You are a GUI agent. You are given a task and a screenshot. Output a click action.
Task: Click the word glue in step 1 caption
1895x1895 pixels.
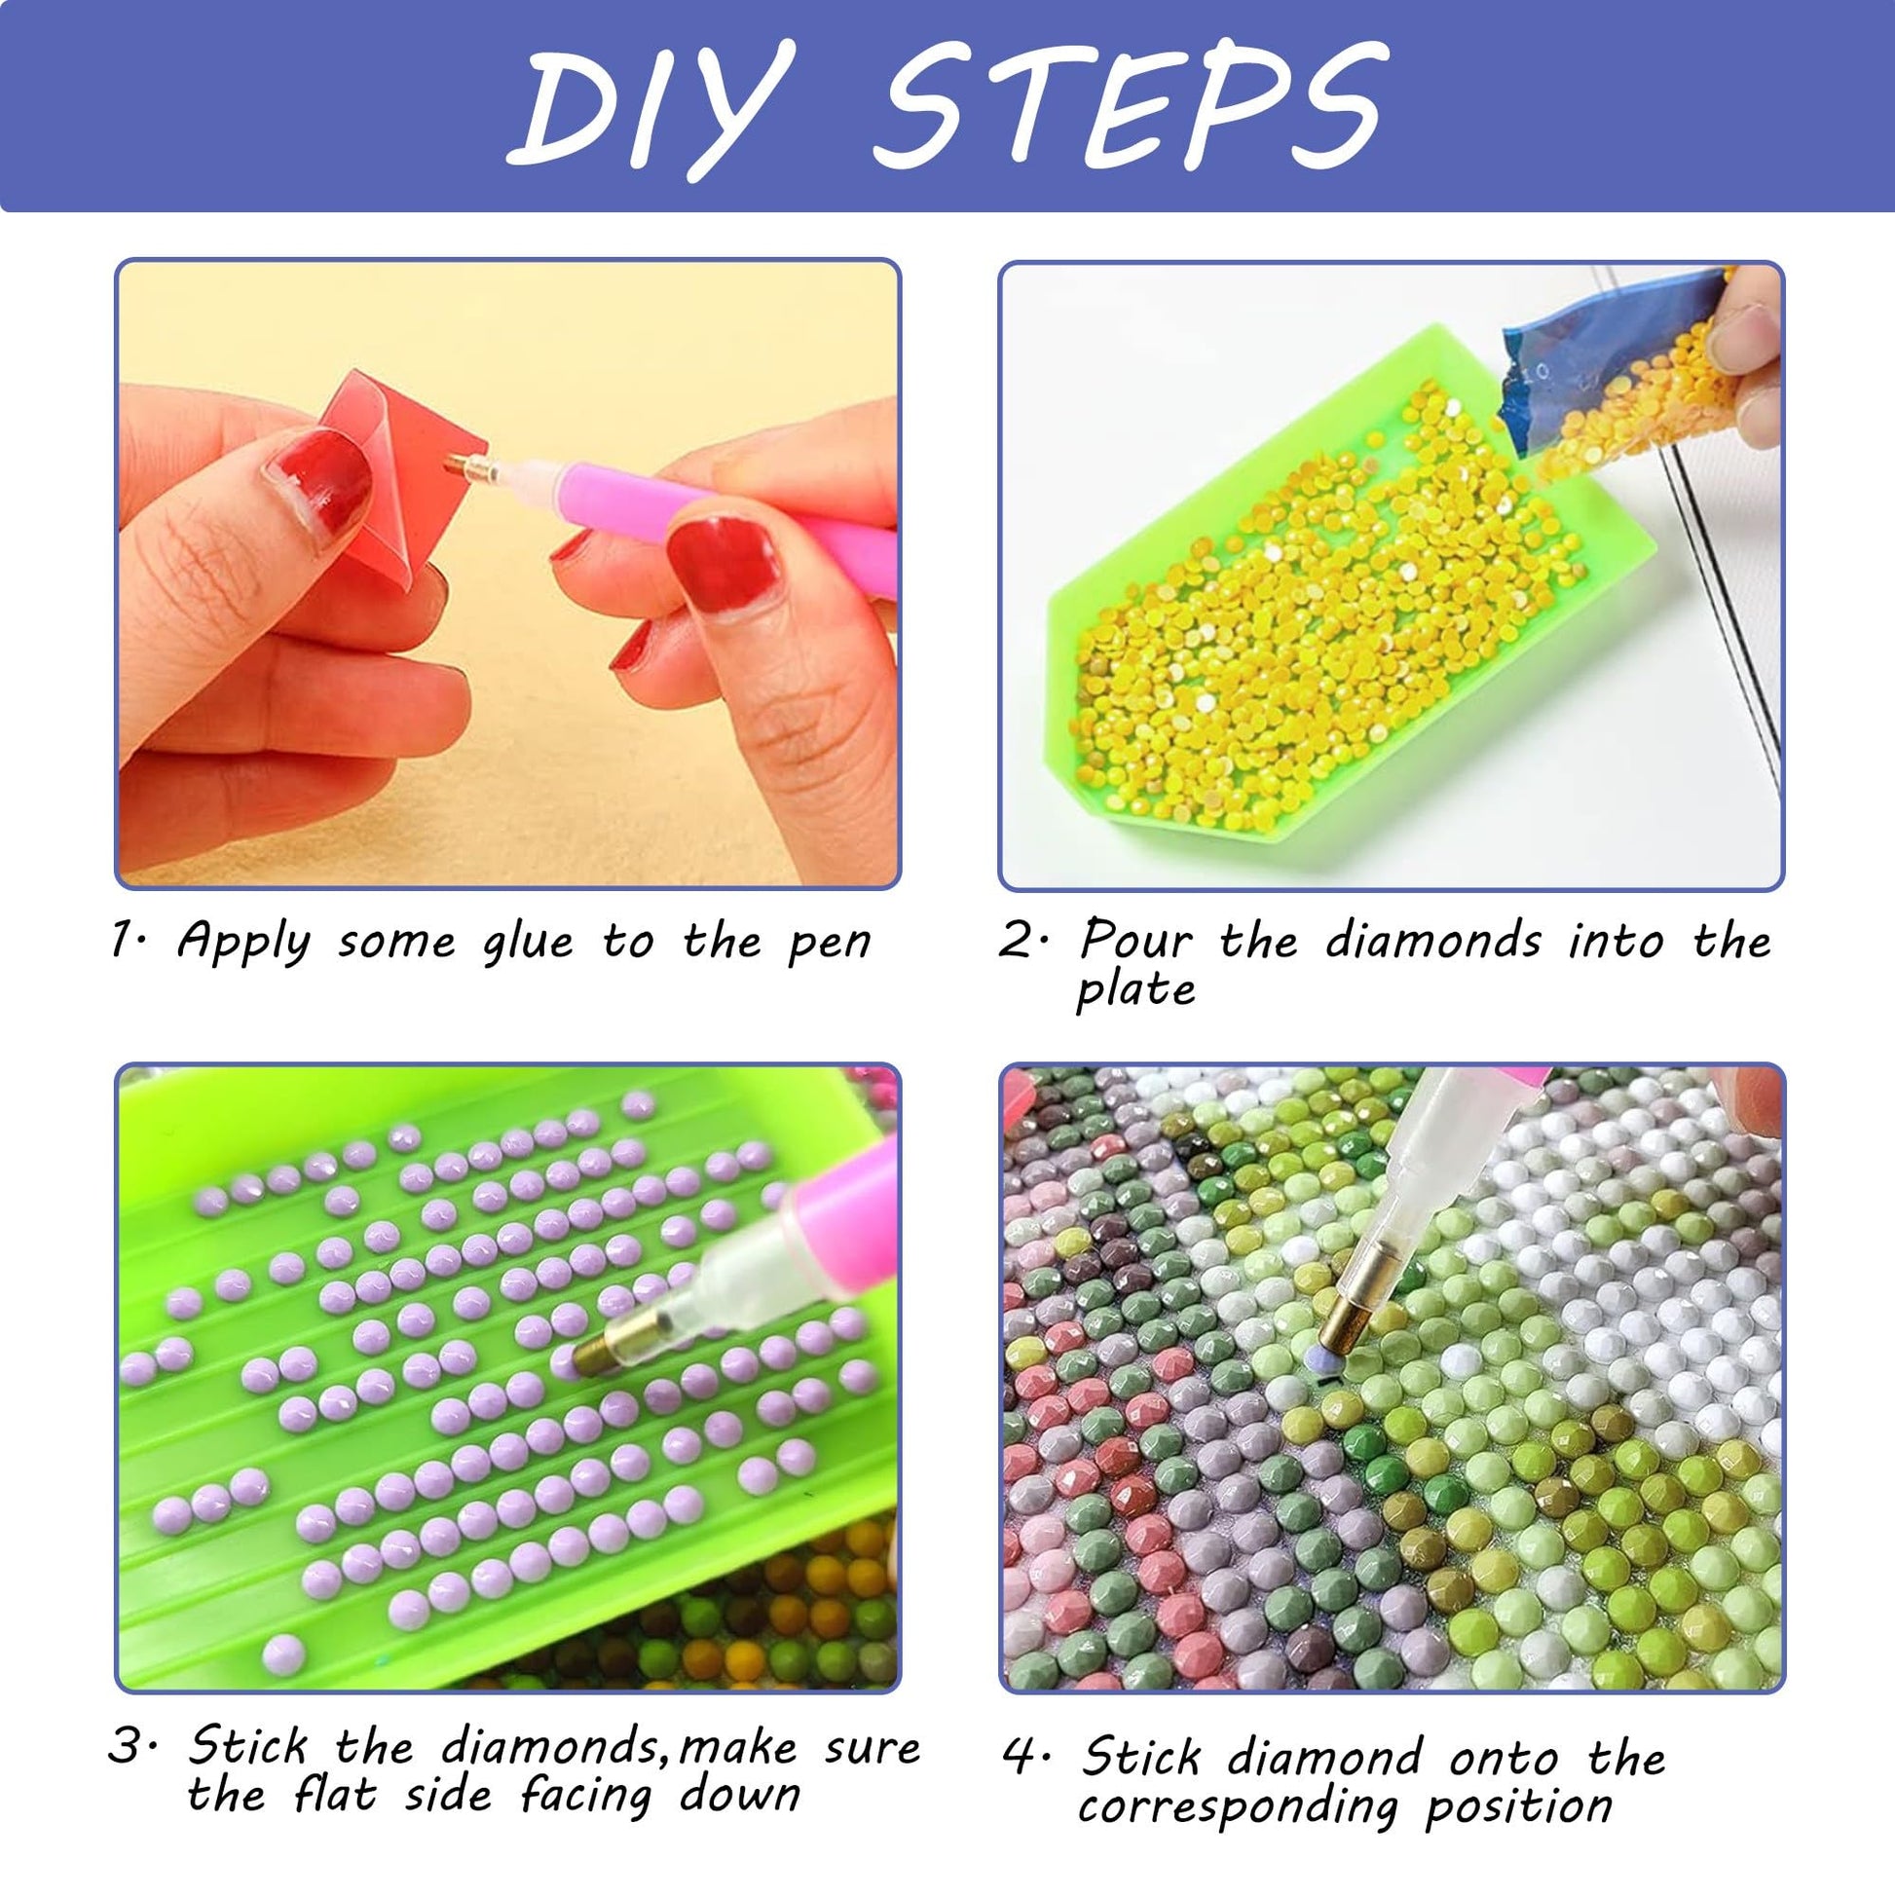coord(527,944)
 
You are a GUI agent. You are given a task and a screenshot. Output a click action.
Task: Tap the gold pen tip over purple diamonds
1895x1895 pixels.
coord(600,1352)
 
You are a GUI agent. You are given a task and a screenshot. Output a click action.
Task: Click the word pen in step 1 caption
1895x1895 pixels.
coord(830,944)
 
